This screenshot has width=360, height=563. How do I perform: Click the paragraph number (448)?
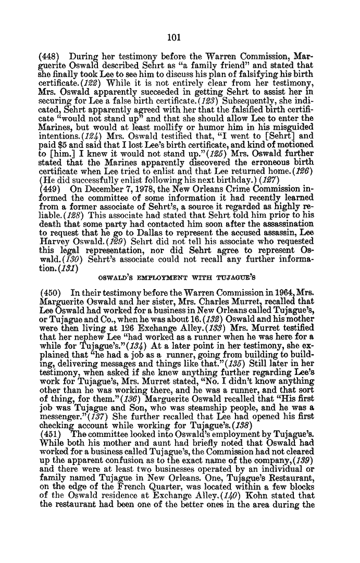[x=49, y=54]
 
